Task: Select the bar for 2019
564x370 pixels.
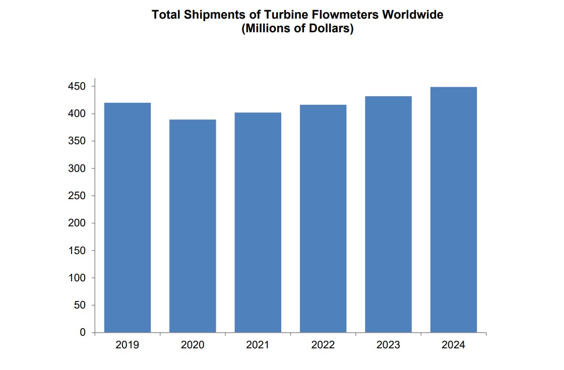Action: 128,218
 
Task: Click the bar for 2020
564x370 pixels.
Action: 193,226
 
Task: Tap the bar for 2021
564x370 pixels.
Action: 258,222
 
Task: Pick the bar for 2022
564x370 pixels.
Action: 323,219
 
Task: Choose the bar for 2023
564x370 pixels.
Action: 388,214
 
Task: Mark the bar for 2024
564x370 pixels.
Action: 454,210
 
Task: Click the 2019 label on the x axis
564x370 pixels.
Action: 128,345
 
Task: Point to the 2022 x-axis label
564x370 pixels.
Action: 323,345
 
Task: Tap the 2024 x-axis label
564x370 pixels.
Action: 454,345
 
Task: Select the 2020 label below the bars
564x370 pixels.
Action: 193,345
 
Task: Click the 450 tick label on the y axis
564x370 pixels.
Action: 78,87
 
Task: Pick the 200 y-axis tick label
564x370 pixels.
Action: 78,223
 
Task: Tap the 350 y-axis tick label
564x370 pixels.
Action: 78,141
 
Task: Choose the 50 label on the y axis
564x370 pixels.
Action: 80,305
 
